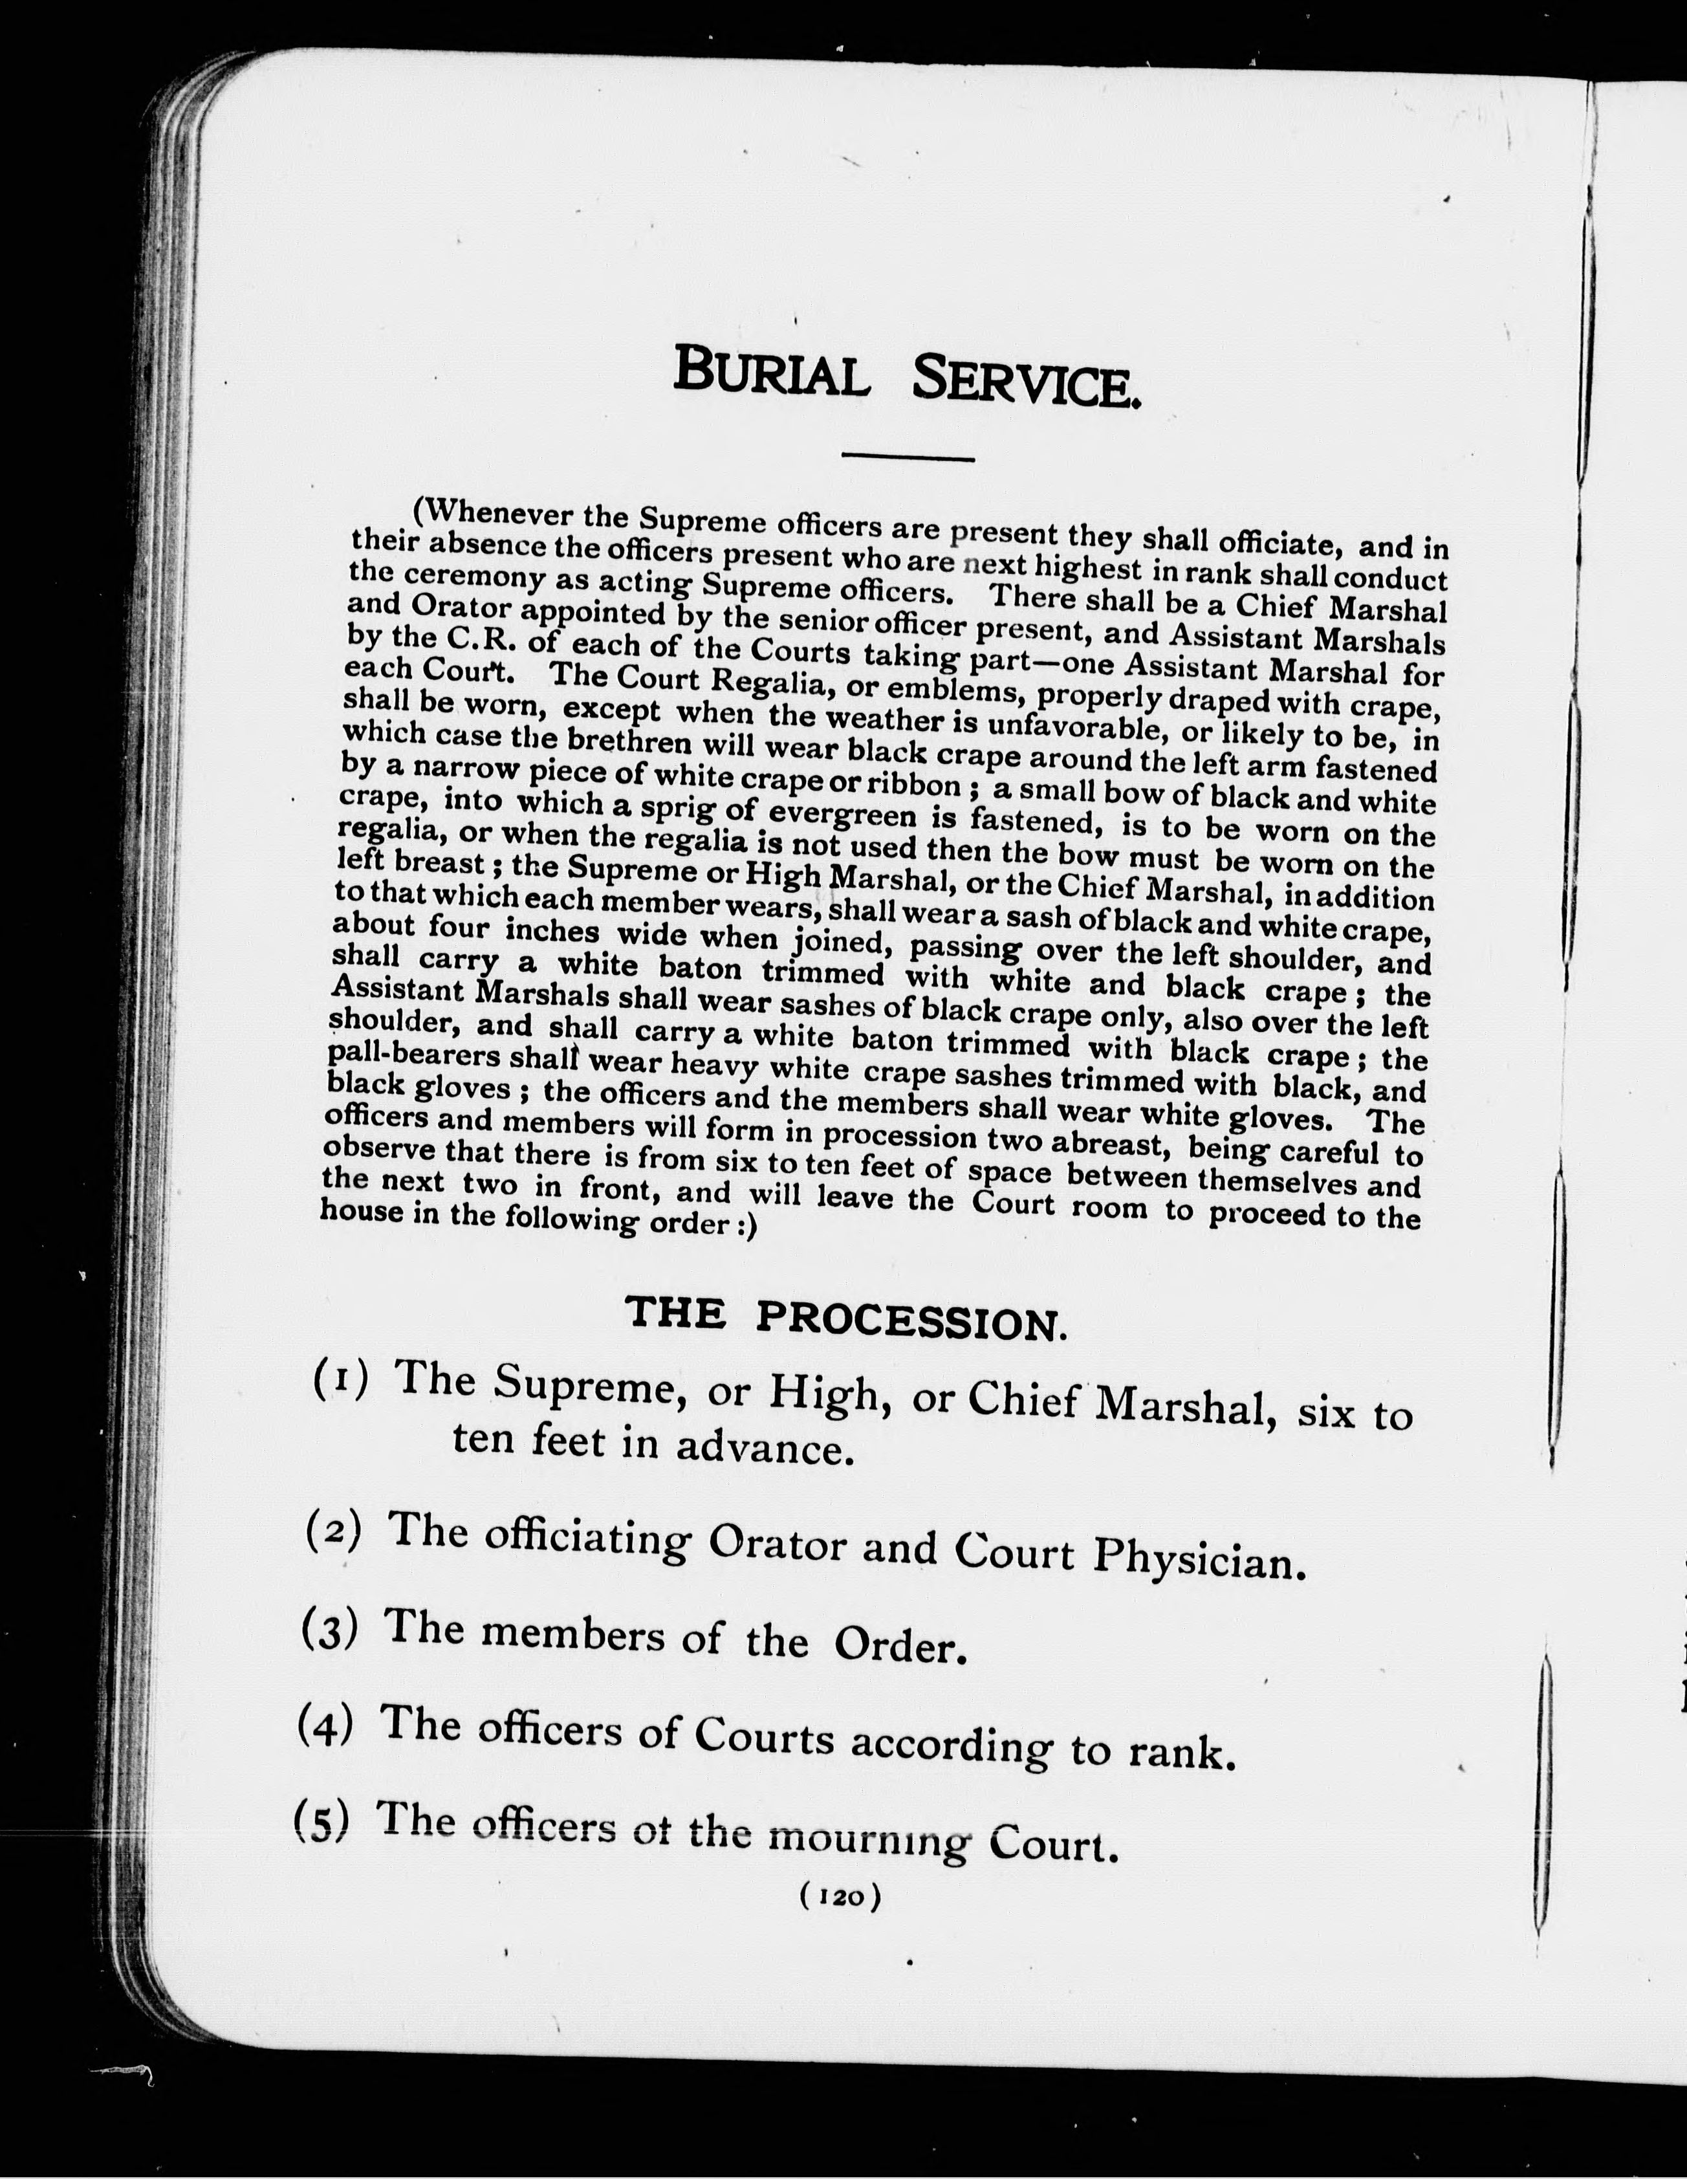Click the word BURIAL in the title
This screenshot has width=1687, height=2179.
770,373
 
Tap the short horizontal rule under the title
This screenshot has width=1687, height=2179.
907,458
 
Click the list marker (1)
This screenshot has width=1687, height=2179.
341,1380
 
